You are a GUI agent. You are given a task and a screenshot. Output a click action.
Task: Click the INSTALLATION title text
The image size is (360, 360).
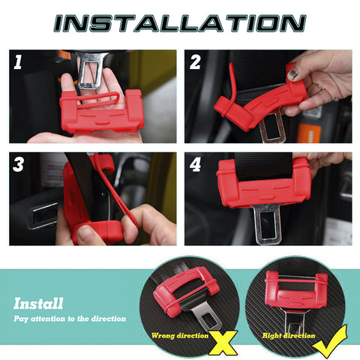tap(179, 22)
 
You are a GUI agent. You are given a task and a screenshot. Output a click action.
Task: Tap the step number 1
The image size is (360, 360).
tap(18, 62)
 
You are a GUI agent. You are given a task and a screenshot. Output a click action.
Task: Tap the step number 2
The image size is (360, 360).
tap(195, 62)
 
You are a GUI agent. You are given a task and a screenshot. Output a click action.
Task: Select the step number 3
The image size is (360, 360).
tap(18, 164)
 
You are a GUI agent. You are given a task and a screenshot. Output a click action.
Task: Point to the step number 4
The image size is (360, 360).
tap(195, 164)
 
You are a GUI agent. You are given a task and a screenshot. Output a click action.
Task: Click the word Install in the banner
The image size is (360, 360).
tap(39, 304)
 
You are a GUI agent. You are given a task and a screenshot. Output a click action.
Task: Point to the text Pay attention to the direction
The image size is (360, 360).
tap(70, 319)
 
